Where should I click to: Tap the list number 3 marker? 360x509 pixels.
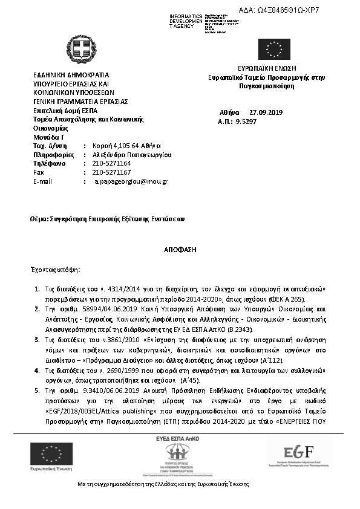pos(36,341)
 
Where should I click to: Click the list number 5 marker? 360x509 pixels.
pos(36,392)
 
